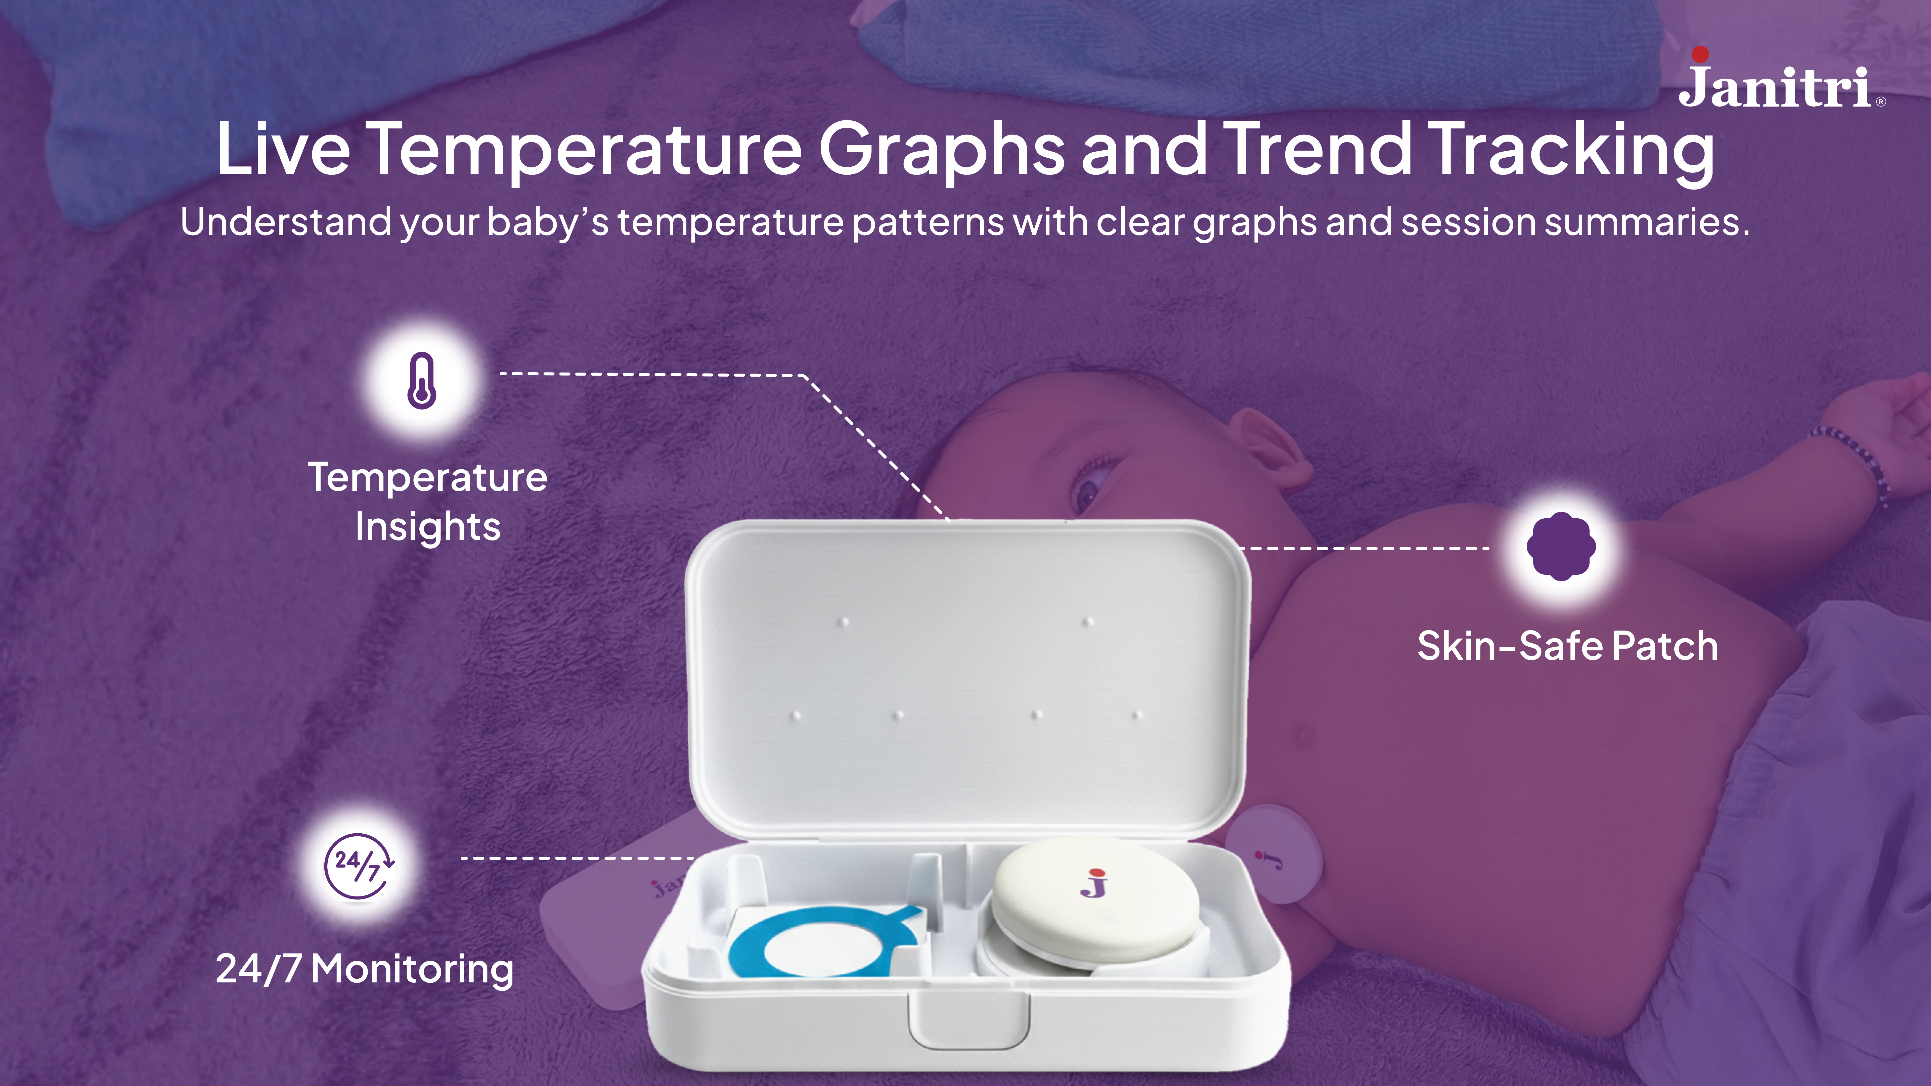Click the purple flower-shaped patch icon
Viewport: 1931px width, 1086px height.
point(1561,546)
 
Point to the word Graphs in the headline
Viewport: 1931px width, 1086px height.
point(942,150)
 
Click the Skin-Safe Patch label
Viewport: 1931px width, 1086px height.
point(1567,646)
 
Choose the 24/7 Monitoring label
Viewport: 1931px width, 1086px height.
point(364,969)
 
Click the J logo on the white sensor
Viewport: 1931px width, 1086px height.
point(1094,883)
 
